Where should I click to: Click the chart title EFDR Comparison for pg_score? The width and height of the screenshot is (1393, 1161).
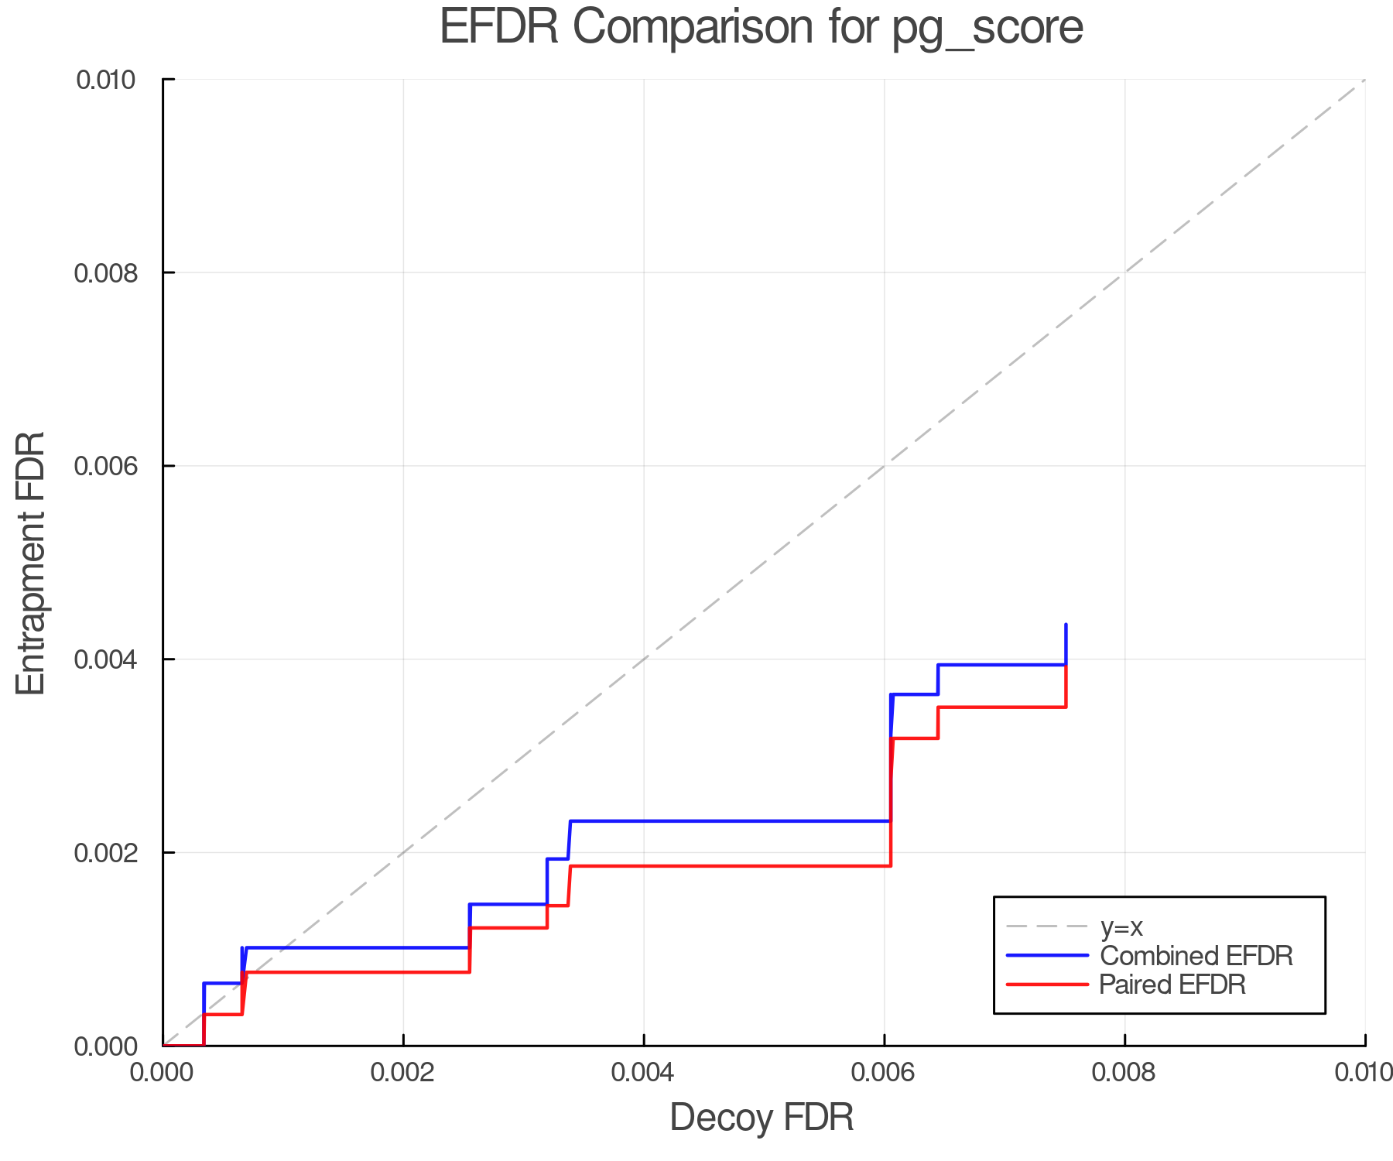click(x=762, y=28)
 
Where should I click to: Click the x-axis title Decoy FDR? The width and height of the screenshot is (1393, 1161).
click(x=762, y=1118)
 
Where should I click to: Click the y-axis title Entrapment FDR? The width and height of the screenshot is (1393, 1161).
click(x=31, y=563)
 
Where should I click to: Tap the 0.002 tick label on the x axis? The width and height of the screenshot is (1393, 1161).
click(x=403, y=1073)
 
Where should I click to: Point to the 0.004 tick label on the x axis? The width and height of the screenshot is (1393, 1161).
click(x=644, y=1073)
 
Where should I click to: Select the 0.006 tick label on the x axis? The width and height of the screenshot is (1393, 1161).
click(x=884, y=1073)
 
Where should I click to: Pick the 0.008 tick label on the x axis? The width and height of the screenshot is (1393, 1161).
click(x=1124, y=1073)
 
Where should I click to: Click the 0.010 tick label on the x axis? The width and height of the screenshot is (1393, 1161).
click(x=1364, y=1073)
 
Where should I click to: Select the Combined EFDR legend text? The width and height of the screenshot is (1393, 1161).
click(x=1196, y=956)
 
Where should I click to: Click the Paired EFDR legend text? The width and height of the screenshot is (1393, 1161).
click(x=1172, y=985)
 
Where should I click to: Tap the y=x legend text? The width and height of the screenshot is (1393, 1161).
click(x=1121, y=926)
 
